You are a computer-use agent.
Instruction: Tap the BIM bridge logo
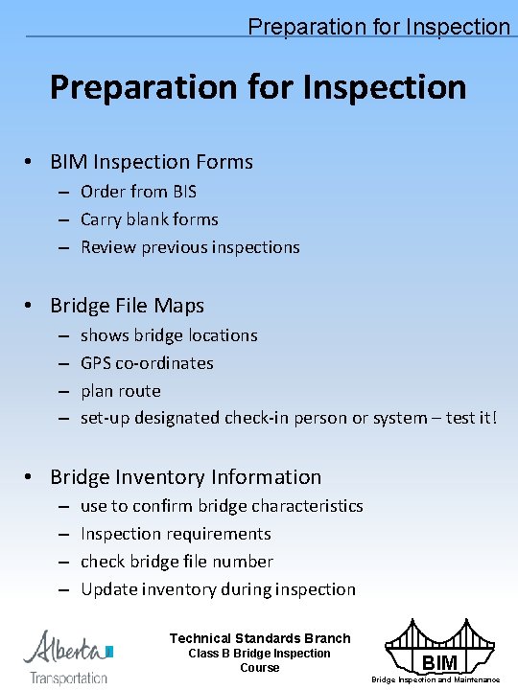click(x=438, y=647)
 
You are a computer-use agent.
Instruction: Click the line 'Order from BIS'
click(x=138, y=192)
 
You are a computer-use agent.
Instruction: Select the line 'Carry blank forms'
click(x=149, y=219)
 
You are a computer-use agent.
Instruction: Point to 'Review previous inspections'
click(x=190, y=247)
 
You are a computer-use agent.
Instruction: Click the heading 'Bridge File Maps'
click(x=127, y=306)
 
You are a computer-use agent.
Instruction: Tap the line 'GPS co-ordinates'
click(x=147, y=363)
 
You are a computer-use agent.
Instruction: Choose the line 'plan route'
click(x=120, y=391)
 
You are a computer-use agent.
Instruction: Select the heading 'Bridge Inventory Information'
click(x=185, y=477)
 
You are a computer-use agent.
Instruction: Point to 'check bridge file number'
click(x=177, y=562)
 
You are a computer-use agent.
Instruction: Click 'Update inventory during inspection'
click(x=218, y=589)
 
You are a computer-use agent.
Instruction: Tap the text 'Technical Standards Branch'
click(x=260, y=638)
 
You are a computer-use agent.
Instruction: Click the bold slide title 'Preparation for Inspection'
click(x=258, y=87)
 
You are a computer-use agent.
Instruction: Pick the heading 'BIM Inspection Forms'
click(x=152, y=162)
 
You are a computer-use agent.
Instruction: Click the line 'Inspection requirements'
click(x=176, y=534)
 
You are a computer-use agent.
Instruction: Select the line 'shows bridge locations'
click(x=169, y=335)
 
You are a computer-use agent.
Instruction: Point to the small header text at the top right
click(x=379, y=27)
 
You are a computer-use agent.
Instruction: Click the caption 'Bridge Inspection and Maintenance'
click(x=436, y=679)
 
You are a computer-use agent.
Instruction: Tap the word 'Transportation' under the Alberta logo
click(x=68, y=678)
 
